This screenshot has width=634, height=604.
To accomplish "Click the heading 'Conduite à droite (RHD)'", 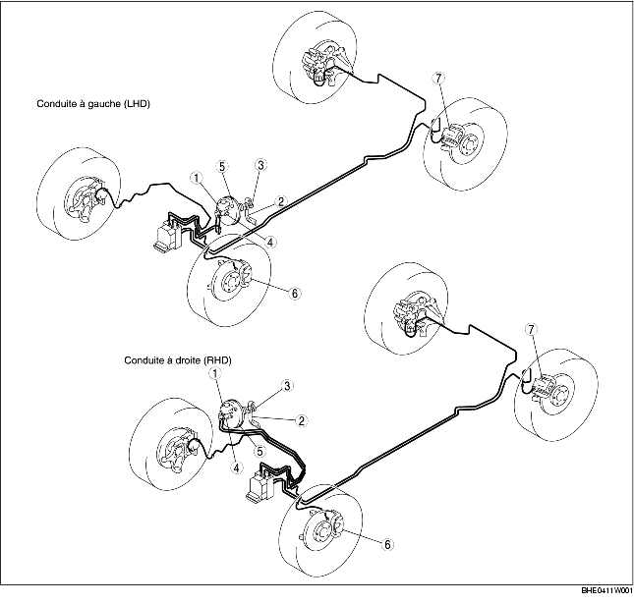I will (x=177, y=360).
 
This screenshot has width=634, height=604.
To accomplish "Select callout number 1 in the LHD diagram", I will (x=197, y=179).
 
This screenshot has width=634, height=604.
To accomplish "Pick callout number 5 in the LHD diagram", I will (x=223, y=167).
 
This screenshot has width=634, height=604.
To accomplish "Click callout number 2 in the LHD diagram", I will (x=280, y=201).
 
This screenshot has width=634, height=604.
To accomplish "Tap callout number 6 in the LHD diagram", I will (x=294, y=292).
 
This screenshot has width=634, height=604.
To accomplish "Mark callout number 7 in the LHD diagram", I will (x=439, y=79).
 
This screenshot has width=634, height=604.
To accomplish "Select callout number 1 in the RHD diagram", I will (x=215, y=372).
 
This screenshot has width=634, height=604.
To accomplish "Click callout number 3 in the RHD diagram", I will (x=288, y=386).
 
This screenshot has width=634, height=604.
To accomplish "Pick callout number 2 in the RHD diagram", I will (x=302, y=420).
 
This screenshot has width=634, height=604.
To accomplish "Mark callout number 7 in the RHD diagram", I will (x=532, y=328).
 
